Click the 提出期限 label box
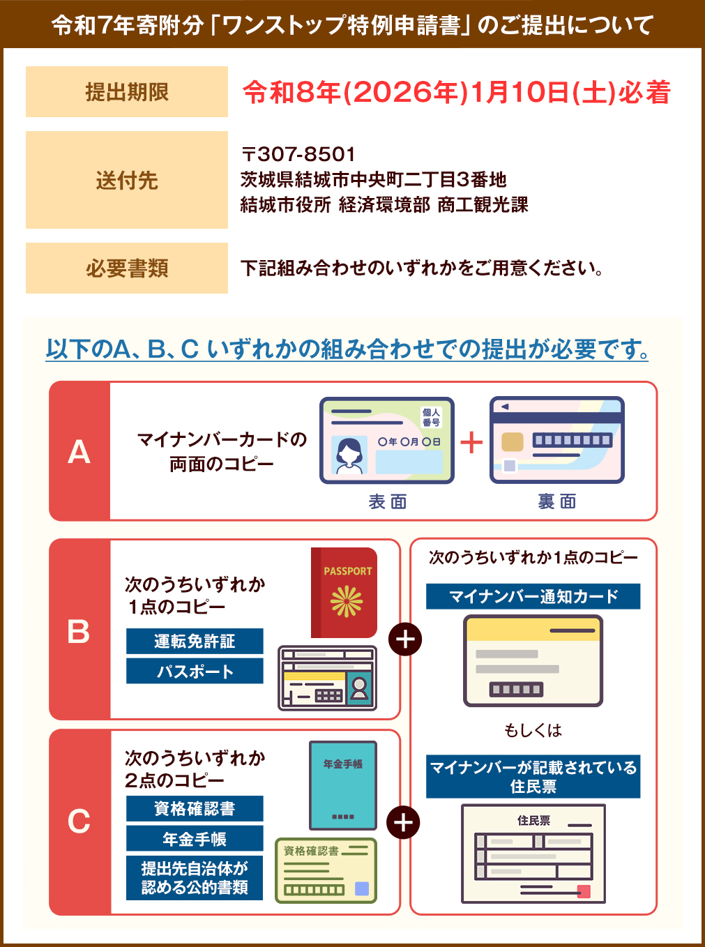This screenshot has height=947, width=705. [x=127, y=92]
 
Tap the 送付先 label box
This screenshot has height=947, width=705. [x=127, y=180]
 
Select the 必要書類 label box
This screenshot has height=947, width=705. [x=127, y=268]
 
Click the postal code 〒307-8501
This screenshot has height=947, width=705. [x=298, y=154]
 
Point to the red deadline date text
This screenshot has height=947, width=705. [x=456, y=93]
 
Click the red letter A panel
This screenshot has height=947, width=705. [x=79, y=451]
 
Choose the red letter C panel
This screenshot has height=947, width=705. [x=79, y=821]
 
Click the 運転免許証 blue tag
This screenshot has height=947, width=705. [x=195, y=642]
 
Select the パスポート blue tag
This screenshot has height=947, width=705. [x=195, y=672]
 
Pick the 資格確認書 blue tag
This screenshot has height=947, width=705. [x=195, y=809]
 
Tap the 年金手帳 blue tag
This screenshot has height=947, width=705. [x=195, y=839]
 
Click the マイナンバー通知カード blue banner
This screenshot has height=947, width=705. [x=533, y=597]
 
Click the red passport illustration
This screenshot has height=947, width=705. [x=344, y=592]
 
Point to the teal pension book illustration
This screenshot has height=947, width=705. [x=342, y=785]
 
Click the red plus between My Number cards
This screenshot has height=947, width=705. [x=471, y=442]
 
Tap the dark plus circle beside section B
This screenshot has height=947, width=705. [x=405, y=639]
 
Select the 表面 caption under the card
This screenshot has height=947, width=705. [x=388, y=501]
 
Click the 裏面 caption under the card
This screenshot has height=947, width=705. [x=556, y=501]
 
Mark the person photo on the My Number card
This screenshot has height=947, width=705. [x=349, y=455]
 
